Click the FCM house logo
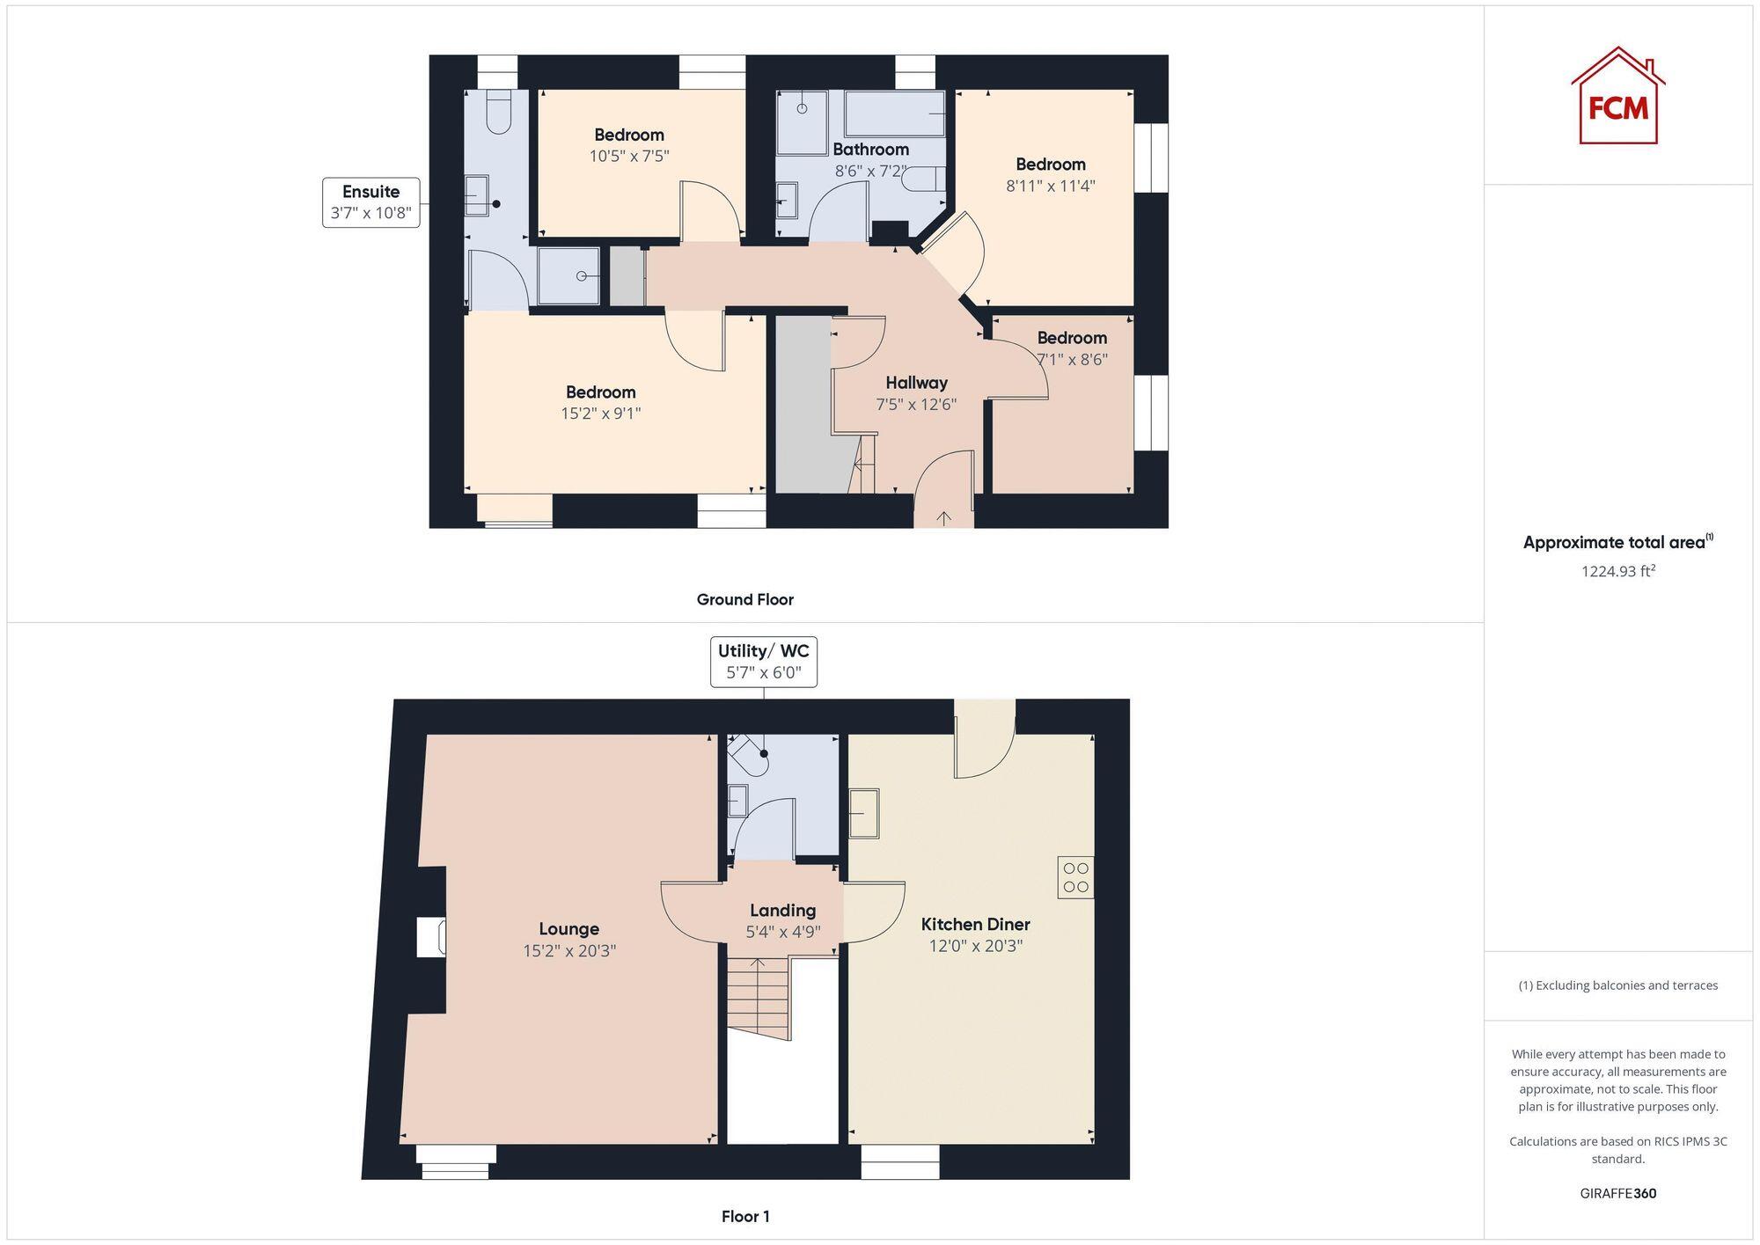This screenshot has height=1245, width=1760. click(1617, 97)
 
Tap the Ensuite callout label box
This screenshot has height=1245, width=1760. click(370, 202)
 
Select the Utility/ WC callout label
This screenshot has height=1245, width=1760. click(763, 662)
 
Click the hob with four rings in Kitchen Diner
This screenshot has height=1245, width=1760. click(1075, 877)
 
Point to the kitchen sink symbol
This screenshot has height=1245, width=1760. click(863, 813)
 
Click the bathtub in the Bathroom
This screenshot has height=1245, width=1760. click(894, 114)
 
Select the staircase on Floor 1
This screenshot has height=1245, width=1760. click(757, 996)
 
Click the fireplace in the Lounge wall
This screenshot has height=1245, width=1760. click(430, 936)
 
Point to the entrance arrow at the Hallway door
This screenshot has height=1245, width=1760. click(943, 518)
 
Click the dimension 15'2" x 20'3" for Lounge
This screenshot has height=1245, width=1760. click(569, 951)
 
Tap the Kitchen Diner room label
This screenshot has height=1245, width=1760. click(975, 924)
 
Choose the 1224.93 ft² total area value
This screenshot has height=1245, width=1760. click(1617, 571)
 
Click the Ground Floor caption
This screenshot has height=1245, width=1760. click(744, 600)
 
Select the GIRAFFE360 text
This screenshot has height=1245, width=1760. click(1617, 1194)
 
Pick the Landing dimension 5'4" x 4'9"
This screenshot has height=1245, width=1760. click(783, 932)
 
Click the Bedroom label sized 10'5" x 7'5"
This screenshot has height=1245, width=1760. click(628, 135)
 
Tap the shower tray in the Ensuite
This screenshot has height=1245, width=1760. click(568, 276)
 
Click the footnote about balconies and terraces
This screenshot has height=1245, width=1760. click(1617, 985)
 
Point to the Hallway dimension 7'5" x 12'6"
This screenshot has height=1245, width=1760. click(916, 405)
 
